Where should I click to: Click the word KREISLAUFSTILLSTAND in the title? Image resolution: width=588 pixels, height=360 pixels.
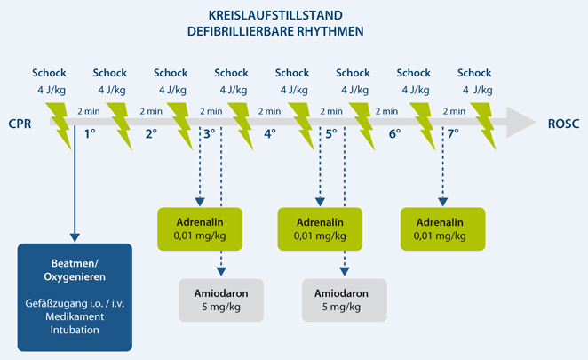pyautogui.click(x=275, y=16)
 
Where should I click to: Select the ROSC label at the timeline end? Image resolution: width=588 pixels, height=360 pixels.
pyautogui.click(x=563, y=124)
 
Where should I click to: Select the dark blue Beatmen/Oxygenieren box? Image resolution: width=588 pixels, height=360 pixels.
pyautogui.click(x=75, y=297)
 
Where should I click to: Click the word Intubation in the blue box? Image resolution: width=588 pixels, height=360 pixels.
pyautogui.click(x=75, y=330)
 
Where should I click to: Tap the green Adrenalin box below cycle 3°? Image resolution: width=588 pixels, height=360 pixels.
pyautogui.click(x=198, y=228)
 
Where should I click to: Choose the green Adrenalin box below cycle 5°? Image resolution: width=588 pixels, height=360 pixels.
pyautogui.click(x=320, y=228)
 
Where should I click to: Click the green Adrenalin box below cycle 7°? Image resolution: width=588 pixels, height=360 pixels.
pyautogui.click(x=442, y=228)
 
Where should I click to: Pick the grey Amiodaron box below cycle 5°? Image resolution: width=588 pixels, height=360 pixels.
pyautogui.click(x=345, y=299)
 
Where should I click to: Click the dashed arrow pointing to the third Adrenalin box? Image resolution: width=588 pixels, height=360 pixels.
pyautogui.click(x=442, y=169)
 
